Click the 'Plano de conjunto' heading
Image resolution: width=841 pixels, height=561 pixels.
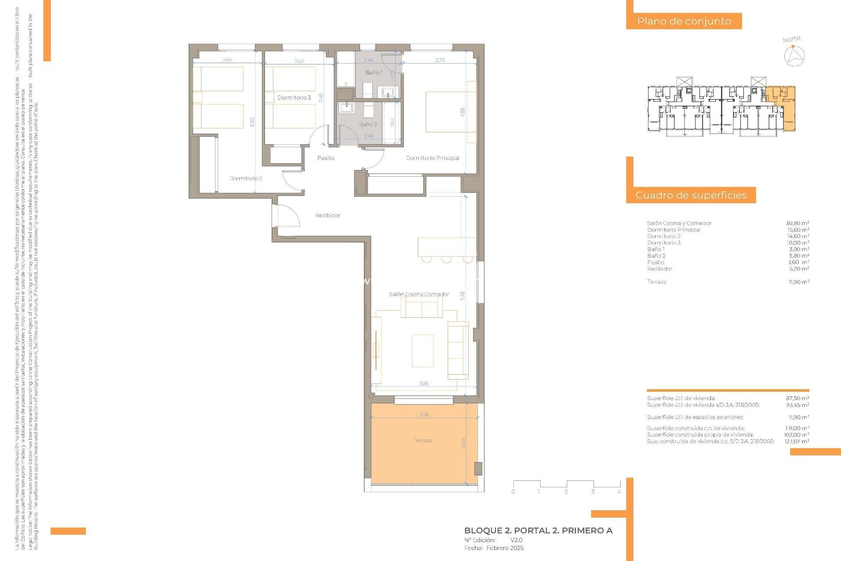point(684,21)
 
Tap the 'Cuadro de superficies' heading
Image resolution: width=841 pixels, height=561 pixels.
point(691,195)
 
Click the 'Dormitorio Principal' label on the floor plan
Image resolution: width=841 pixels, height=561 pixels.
point(432,158)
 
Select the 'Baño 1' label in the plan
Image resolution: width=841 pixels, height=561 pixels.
point(374,72)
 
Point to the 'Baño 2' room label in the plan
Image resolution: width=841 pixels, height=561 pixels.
point(367,124)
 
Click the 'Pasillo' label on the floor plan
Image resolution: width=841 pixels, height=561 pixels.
point(325,158)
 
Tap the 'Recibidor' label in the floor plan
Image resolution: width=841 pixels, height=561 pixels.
point(327,215)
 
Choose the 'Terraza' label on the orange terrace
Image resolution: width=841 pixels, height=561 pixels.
point(422,440)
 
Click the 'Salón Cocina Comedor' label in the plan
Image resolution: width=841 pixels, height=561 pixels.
point(419,294)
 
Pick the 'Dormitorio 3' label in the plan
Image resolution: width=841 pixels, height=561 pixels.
point(294,97)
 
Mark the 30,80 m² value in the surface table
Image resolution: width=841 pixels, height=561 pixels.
point(797,223)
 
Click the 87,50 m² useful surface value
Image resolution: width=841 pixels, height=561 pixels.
point(797,398)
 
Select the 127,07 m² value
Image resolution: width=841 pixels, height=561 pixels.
point(796,441)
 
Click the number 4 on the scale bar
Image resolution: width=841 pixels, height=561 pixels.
point(619,492)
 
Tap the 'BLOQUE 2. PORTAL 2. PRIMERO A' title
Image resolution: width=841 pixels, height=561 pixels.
point(538,530)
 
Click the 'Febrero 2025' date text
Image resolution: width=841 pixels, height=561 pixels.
point(505,548)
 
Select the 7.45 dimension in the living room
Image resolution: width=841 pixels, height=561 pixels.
point(463,296)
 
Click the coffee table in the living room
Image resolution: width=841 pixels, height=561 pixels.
point(423,351)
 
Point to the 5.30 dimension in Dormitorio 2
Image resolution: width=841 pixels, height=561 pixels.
point(252,122)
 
